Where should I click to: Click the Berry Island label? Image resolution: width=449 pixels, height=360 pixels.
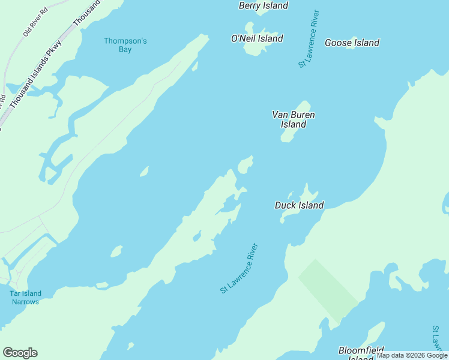pyautogui.click(x=264, y=5)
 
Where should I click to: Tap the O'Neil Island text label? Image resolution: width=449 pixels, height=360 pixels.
pyautogui.click(x=257, y=38)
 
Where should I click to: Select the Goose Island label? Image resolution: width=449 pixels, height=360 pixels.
pyautogui.click(x=352, y=43)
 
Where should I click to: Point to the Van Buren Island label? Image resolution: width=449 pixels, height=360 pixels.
pyautogui.click(x=294, y=119)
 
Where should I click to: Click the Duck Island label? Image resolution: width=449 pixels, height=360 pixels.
pyautogui.click(x=299, y=205)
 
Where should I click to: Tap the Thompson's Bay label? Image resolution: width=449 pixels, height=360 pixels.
pyautogui.click(x=125, y=45)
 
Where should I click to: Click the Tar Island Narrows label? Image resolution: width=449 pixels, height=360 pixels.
pyautogui.click(x=25, y=298)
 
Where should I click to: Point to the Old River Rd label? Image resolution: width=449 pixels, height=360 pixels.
pyautogui.click(x=35, y=22)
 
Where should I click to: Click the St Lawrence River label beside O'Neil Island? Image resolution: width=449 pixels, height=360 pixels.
pyautogui.click(x=309, y=39)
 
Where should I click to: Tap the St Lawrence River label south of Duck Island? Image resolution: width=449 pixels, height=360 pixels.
pyautogui.click(x=239, y=268)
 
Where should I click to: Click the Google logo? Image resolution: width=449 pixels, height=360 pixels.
pyautogui.click(x=20, y=353)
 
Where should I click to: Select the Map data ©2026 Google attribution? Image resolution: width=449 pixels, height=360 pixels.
pyautogui.click(x=412, y=356)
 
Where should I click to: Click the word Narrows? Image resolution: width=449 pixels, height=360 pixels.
pyautogui.click(x=25, y=302)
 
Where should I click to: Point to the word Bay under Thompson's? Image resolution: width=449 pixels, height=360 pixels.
pyautogui.click(x=125, y=49)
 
